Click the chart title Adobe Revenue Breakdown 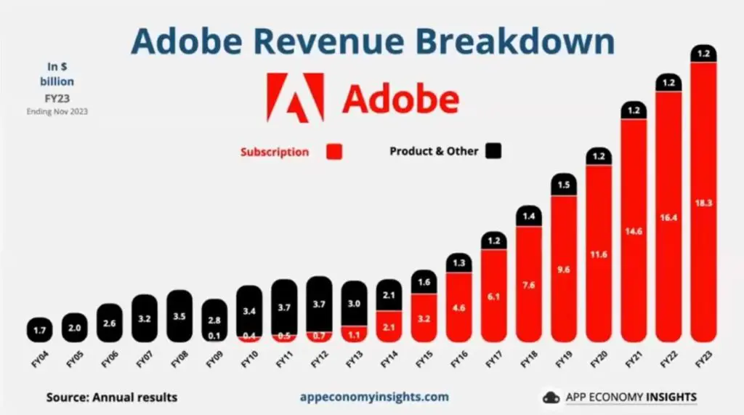(372, 41)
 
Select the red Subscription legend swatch (334, 151)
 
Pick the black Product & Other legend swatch (494, 150)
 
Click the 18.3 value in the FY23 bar (703, 203)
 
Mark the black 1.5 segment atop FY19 (564, 185)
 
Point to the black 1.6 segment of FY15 (424, 282)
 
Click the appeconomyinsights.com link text (374, 397)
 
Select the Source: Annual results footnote (112, 397)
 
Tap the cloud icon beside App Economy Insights (551, 398)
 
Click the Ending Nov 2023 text (57, 111)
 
